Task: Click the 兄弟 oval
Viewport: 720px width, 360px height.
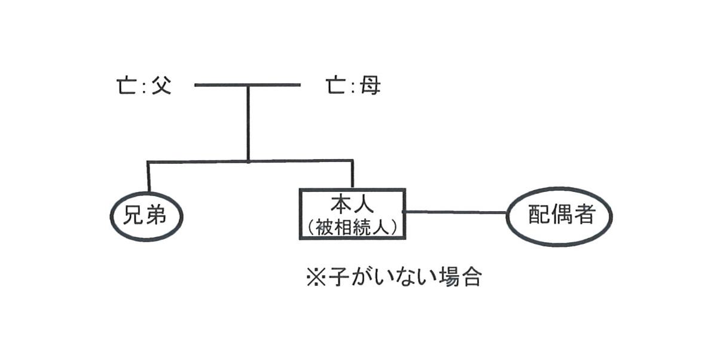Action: [x=147, y=215]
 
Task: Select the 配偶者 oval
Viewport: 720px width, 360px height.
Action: [x=560, y=215]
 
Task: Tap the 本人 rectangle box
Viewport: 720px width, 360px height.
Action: [x=352, y=213]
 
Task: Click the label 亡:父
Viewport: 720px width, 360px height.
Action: [x=144, y=86]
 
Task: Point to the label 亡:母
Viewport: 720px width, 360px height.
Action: [x=353, y=86]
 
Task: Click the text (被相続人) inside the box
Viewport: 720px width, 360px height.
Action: [x=352, y=227]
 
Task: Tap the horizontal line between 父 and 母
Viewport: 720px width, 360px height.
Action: [x=248, y=85]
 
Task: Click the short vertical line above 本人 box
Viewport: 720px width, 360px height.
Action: [x=352, y=175]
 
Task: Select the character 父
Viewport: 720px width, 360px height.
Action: [x=160, y=86]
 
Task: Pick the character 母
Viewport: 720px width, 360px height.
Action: [x=370, y=86]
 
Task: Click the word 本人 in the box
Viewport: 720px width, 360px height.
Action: [x=352, y=205]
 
